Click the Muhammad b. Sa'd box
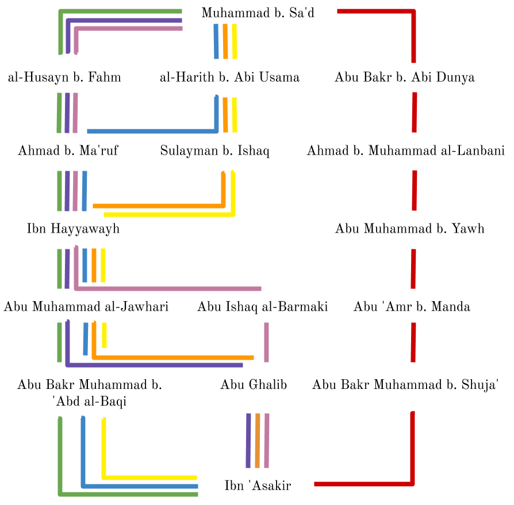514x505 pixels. coord(258,12)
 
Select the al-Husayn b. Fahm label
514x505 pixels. coord(64,77)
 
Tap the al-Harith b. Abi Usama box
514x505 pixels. coord(229,77)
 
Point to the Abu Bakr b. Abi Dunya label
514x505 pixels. coord(405,77)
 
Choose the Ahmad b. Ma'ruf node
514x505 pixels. coord(68,151)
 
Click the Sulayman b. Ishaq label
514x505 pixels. coord(214,151)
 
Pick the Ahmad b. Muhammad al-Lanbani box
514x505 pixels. coord(405,151)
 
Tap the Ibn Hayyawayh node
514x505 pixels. coord(73,229)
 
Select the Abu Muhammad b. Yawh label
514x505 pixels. coord(410,229)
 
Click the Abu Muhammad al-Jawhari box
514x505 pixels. coord(86,306)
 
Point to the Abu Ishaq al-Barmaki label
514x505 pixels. coord(262,306)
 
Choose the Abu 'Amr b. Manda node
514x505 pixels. coord(412,306)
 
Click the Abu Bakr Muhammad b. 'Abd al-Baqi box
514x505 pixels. coord(90,393)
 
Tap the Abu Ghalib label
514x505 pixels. coord(254,384)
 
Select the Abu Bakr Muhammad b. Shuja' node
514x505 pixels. coord(405,384)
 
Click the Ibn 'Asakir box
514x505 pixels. coord(258,485)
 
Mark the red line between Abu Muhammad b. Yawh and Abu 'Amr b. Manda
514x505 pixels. coord(413,268)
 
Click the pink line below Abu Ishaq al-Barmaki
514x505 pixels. coord(266,342)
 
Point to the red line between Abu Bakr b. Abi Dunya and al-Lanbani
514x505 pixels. coord(414,112)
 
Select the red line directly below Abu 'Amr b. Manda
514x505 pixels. coord(413,342)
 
